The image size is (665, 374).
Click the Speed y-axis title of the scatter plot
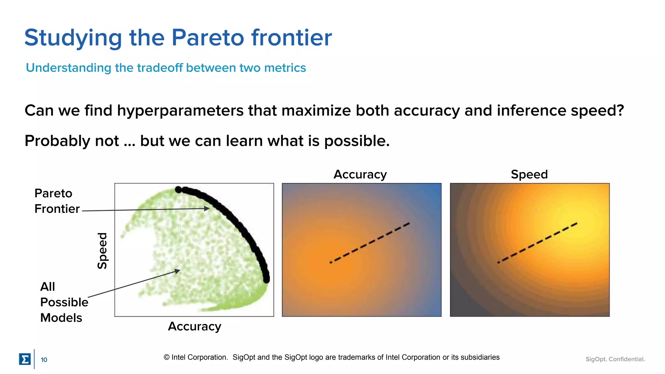102,251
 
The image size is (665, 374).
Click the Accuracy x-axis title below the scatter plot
194,326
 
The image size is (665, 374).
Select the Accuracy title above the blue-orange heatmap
360,175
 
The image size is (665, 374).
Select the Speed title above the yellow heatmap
529,175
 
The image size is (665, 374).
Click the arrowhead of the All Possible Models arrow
178,270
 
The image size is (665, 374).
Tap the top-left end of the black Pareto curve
178,190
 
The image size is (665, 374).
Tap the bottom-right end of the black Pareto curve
266,279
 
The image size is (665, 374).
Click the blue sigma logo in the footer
25,359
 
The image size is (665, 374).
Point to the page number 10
44,360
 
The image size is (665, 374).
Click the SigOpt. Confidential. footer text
615,359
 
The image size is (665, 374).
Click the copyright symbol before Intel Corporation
167,357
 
